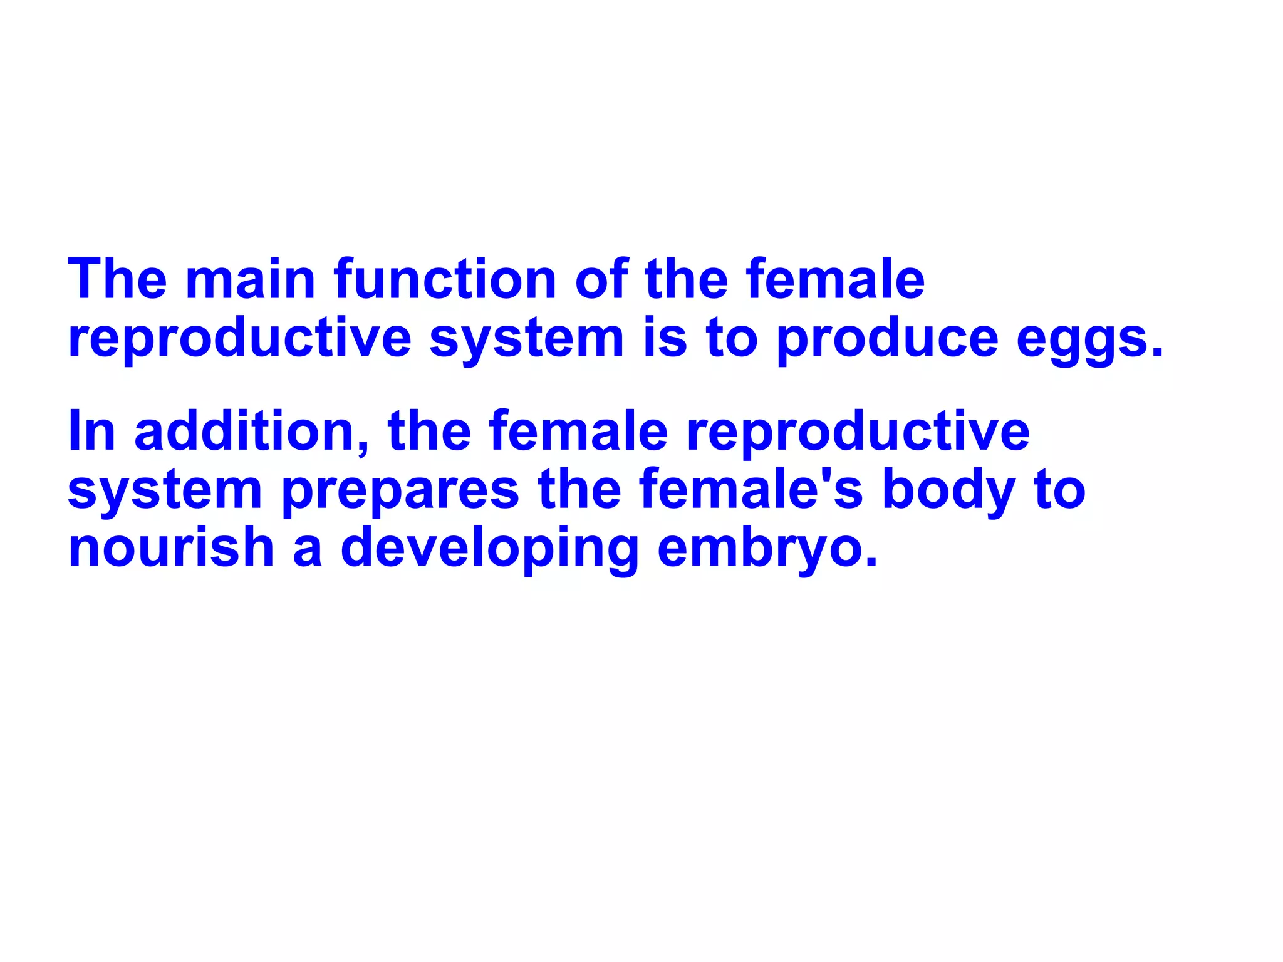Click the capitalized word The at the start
pyautogui.click(x=117, y=279)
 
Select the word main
pyautogui.click(x=250, y=279)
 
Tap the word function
pyautogui.click(x=445, y=279)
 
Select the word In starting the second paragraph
pyautogui.click(x=91, y=431)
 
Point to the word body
pyautogui.click(x=948, y=490)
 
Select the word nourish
pyautogui.click(x=171, y=547)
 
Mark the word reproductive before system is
pyautogui.click(x=239, y=339)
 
